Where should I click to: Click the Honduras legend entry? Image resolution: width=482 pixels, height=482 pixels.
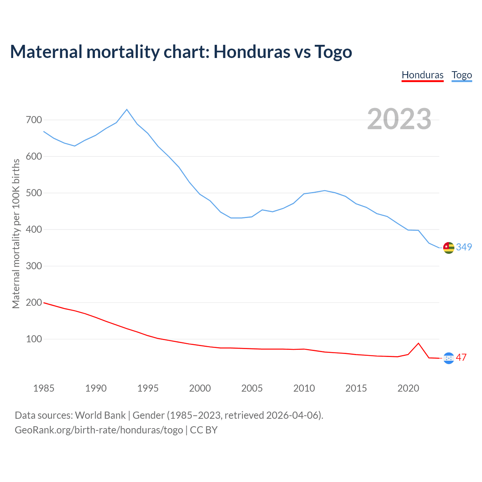pos(423,75)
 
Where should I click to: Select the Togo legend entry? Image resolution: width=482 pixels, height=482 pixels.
pos(462,75)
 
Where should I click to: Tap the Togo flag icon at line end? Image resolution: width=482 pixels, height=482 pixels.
pos(448,248)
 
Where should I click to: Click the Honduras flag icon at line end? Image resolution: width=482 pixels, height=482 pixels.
pos(448,358)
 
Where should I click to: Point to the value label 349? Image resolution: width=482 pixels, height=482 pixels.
pos(464,247)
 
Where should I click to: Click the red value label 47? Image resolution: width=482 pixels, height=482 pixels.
pos(461,357)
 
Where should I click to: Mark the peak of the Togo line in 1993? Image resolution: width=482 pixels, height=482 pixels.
pos(127,110)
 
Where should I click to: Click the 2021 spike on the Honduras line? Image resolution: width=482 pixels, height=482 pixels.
pos(418,343)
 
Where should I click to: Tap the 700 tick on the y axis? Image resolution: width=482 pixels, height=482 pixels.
pos(34,120)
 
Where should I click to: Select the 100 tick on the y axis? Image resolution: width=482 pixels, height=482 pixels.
pos(34,339)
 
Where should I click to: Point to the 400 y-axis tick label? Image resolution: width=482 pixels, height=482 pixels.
pos(34,230)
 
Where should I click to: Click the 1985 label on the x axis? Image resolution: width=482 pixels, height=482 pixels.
pos(44,388)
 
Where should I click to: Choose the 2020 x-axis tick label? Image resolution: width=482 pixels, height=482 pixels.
pos(408,388)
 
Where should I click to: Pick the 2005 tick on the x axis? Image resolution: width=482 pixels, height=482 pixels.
pos(252,388)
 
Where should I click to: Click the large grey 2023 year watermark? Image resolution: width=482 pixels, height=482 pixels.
pos(399,119)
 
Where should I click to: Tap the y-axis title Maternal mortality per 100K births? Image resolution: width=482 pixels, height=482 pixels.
pos(16,233)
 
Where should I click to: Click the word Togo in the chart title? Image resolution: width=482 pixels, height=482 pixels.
pos(333,52)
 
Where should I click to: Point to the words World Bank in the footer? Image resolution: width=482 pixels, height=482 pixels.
pos(100,415)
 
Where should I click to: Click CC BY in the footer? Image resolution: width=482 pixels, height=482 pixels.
pos(204,430)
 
